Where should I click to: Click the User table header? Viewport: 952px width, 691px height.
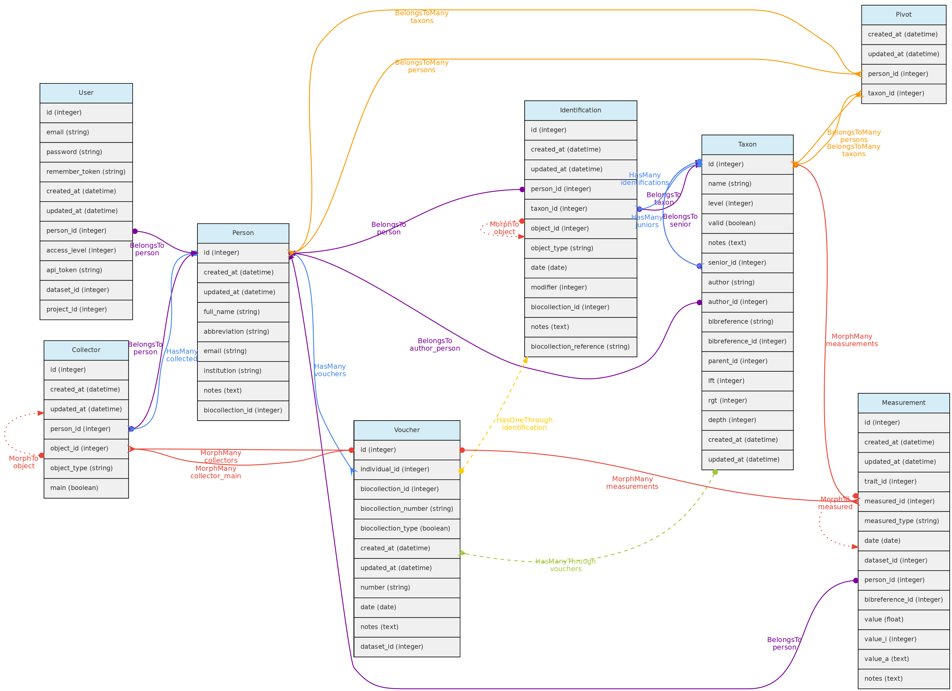(86, 93)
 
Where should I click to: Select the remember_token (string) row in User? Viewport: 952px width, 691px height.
(86, 172)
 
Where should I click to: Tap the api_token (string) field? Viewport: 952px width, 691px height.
(86, 270)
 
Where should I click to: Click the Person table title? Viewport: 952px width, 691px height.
(243, 233)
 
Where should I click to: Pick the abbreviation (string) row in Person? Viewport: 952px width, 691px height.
(243, 332)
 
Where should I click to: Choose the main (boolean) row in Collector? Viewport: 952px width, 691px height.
(86, 488)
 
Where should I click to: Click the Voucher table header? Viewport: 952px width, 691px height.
(407, 430)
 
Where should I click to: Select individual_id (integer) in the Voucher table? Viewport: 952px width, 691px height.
(407, 469)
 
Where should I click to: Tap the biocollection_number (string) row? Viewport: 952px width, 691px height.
(407, 509)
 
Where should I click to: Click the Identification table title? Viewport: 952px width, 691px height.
(581, 110)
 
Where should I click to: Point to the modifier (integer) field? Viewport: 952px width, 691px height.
(581, 288)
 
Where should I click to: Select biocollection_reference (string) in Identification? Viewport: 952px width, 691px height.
(581, 347)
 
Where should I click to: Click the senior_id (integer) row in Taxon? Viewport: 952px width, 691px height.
(747, 263)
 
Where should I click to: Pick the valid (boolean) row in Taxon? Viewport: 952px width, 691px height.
(747, 223)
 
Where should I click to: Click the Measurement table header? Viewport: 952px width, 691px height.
(904, 403)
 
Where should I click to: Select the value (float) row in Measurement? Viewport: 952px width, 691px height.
(904, 620)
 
